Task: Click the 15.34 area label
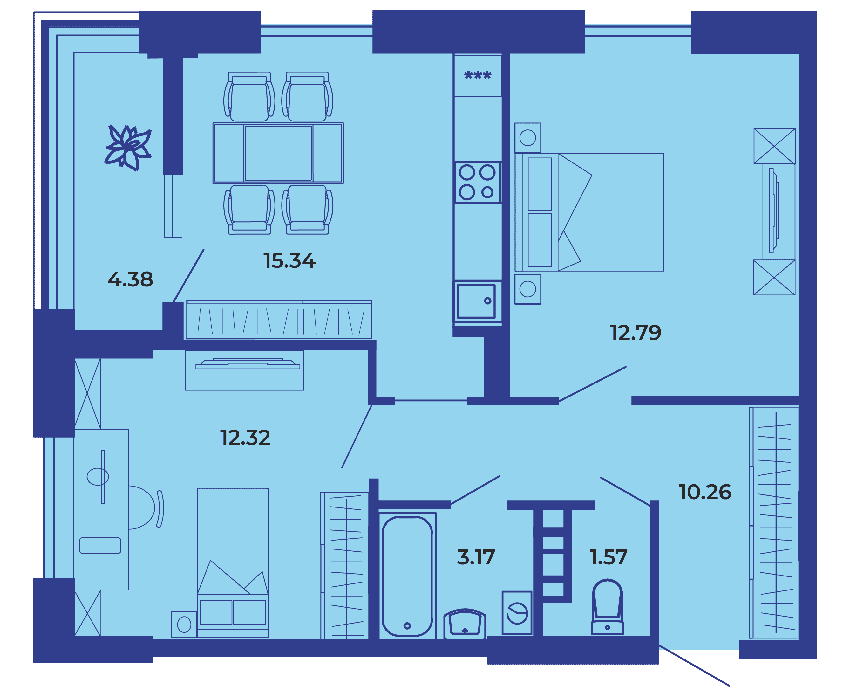[x=289, y=260]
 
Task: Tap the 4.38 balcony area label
[x=130, y=279]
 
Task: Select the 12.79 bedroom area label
[x=636, y=333]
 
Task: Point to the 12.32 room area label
[x=245, y=438]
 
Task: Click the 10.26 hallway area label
[x=705, y=492]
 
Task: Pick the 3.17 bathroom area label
[x=476, y=557]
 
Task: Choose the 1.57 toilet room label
[x=608, y=557]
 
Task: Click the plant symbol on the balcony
[x=128, y=148]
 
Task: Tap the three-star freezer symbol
[x=477, y=75]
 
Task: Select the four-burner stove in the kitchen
[x=477, y=182]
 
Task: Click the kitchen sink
[x=476, y=301]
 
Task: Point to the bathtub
[x=407, y=576]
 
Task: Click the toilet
[x=607, y=607]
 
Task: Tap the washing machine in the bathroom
[x=517, y=613]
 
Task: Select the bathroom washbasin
[x=465, y=624]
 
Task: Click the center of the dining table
[x=278, y=153]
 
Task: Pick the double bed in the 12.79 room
[x=589, y=212]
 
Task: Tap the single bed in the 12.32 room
[x=233, y=563]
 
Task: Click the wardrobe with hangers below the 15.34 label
[x=279, y=320]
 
